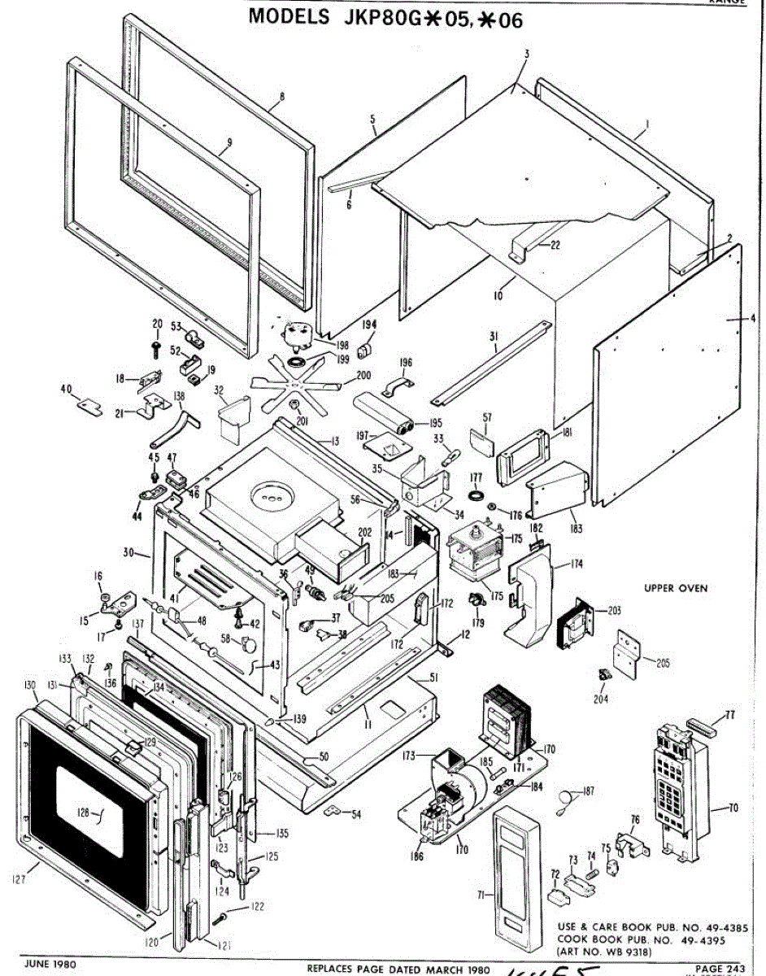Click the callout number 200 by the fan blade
363,376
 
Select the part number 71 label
481,895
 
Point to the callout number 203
613,609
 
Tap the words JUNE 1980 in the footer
51,964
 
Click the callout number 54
356,814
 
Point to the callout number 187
589,791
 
